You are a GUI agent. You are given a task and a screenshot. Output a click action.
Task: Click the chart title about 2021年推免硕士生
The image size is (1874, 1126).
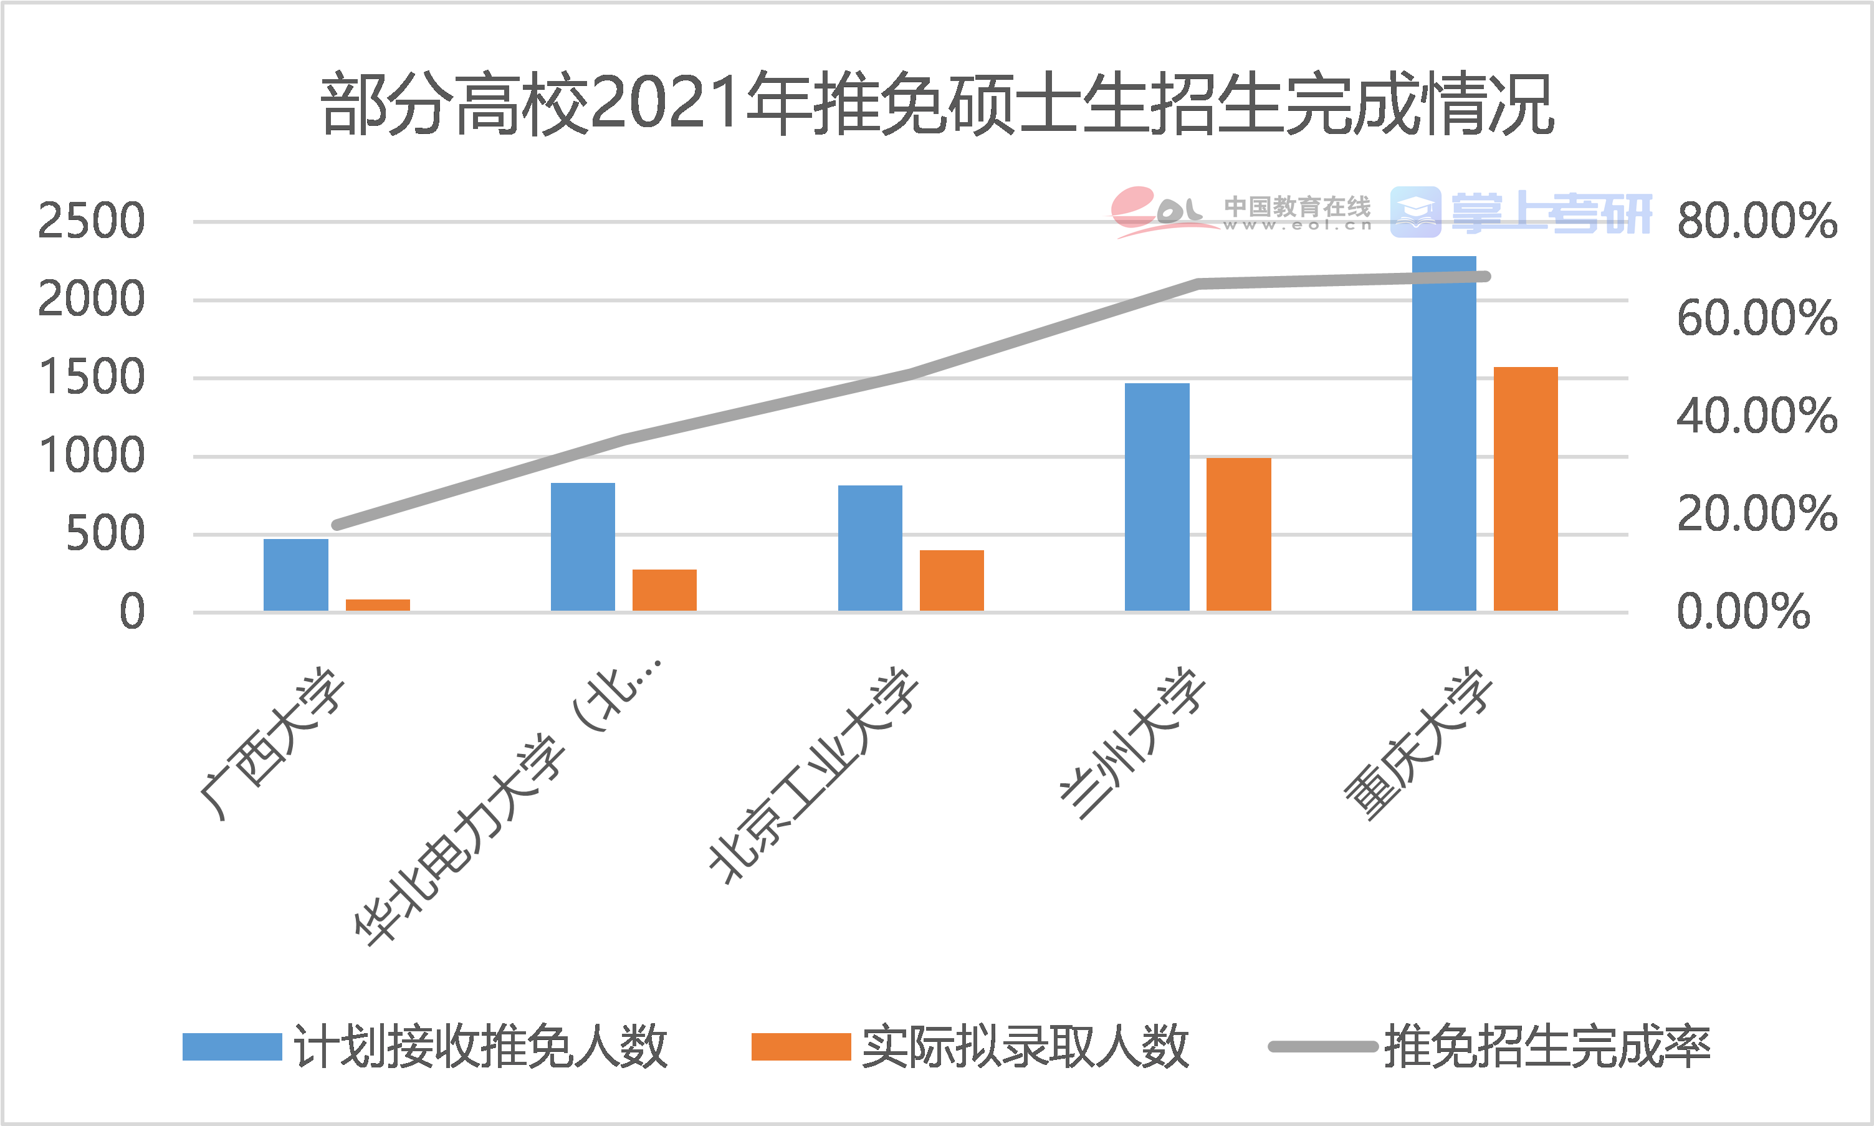coord(937,105)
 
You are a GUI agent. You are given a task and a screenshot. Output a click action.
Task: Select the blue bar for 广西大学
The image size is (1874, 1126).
coord(295,575)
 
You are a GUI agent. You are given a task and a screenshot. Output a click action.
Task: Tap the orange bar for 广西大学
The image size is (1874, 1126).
coord(378,604)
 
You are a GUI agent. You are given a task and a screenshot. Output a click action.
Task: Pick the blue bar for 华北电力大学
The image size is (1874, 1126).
coord(583,546)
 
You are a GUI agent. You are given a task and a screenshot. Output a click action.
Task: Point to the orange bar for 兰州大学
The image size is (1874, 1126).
coord(1238,534)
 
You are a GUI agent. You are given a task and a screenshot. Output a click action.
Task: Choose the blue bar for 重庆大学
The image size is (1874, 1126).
coord(1444,433)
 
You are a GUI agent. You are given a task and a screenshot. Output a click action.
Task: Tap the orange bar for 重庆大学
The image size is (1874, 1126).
coord(1526,489)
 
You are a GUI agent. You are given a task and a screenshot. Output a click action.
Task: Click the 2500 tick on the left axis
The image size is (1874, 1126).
coord(91,222)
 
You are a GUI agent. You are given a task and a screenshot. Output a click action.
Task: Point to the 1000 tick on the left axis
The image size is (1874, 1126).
coord(91,457)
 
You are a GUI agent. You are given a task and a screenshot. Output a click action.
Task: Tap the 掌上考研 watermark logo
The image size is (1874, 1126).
coord(1521,213)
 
